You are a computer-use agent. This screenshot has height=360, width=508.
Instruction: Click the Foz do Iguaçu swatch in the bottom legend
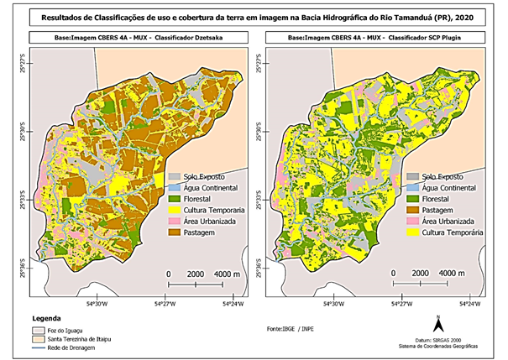point(38,330)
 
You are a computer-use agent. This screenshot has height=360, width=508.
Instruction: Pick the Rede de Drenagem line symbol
point(38,347)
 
